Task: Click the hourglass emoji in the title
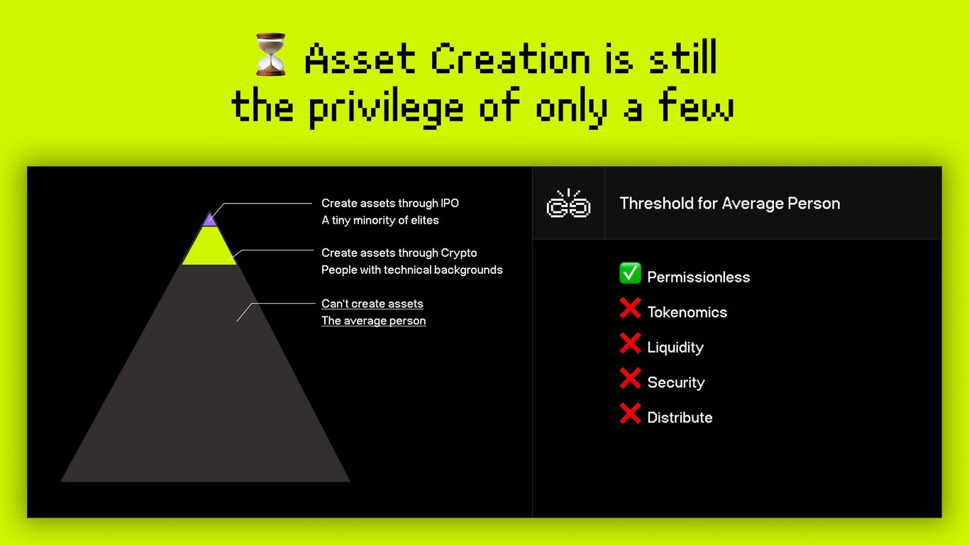270,55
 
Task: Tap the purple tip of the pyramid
210,220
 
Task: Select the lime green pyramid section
209,246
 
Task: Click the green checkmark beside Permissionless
630,273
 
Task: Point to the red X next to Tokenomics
630,308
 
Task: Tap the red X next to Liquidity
630,343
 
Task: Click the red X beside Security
630,378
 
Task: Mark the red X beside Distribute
630,414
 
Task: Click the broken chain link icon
568,203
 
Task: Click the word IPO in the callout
450,203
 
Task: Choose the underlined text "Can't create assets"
372,304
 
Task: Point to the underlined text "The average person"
373,321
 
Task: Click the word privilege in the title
386,108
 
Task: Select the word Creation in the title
511,57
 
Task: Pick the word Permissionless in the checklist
699,277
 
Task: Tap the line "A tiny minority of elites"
380,220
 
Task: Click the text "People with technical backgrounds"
412,270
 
